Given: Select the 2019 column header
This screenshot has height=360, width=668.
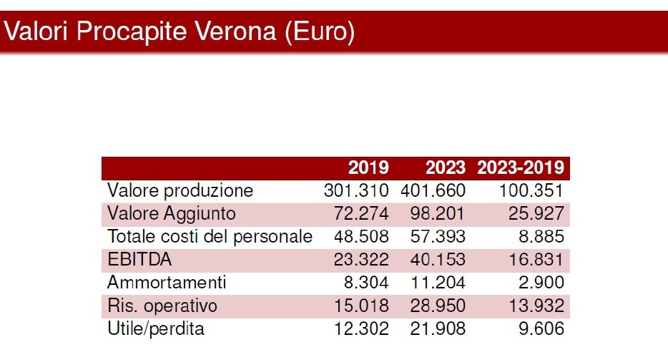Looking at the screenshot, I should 368,168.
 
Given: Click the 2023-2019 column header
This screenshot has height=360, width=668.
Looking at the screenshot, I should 521,168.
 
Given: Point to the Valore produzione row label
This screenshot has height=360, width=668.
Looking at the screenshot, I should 180,191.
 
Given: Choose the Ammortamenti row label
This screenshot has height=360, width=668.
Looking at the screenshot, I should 167,283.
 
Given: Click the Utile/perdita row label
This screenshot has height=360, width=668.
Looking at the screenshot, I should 156,329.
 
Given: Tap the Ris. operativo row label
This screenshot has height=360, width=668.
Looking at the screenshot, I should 162,306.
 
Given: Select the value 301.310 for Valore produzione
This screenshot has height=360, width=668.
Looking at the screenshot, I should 356,191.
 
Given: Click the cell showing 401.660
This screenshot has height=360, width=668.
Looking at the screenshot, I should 433,191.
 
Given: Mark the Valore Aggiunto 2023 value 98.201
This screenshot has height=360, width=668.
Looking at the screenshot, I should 438,214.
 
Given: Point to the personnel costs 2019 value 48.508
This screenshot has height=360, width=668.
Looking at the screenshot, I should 362,237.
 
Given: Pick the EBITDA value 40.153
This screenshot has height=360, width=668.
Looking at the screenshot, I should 438,260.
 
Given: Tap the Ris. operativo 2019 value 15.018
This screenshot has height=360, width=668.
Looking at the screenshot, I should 362,306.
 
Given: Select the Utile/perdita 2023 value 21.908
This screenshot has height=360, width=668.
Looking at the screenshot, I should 438,329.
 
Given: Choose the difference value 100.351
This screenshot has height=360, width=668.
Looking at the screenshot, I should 532,191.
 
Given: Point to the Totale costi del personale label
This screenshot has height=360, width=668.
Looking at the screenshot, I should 210,237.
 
